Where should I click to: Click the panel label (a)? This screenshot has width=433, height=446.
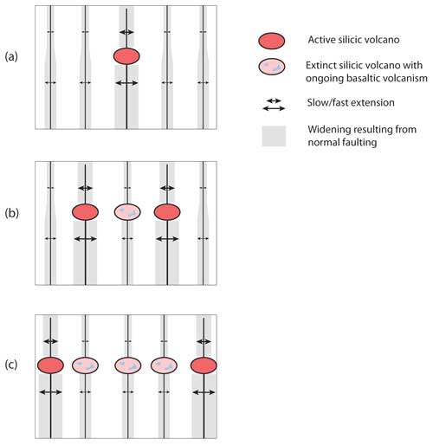pyautogui.click(x=11, y=57)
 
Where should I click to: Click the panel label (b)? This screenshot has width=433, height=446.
pyautogui.click(x=11, y=213)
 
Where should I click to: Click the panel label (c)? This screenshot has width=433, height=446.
pyautogui.click(x=11, y=365)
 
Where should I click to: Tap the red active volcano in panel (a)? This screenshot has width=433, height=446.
pyautogui.click(x=126, y=56)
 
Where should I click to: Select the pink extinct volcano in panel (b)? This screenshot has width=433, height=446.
pyautogui.click(x=127, y=212)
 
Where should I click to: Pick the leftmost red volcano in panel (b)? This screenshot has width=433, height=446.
pyautogui.click(x=85, y=212)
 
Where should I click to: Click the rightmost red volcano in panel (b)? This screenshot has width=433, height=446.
pyautogui.click(x=167, y=212)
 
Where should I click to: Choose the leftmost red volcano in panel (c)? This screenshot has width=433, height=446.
pyautogui.click(x=50, y=365)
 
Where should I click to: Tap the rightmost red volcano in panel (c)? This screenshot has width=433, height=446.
pyautogui.click(x=204, y=365)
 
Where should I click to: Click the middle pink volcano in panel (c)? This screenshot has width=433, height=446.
pyautogui.click(x=128, y=365)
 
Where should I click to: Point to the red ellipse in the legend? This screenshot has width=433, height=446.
pyautogui.click(x=272, y=41)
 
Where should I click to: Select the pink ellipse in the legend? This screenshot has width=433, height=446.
pyautogui.click(x=272, y=67)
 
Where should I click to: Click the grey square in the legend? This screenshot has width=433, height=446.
pyautogui.click(x=274, y=136)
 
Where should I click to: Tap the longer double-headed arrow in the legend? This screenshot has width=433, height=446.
pyautogui.click(x=274, y=108)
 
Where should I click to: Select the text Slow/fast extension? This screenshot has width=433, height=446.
pyautogui.click(x=351, y=102)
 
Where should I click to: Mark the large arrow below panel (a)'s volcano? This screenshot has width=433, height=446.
pyautogui.click(x=126, y=83)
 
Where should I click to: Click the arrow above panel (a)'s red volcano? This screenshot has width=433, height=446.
pyautogui.click(x=126, y=32)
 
